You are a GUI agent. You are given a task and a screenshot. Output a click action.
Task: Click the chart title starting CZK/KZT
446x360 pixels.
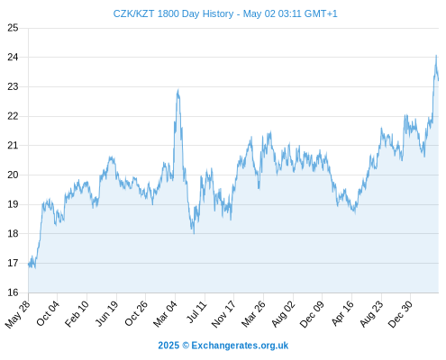tap(225, 13)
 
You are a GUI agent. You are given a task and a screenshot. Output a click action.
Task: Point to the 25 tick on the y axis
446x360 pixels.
tap(13, 28)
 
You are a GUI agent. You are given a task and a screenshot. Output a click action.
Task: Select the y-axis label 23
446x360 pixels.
tap(13, 86)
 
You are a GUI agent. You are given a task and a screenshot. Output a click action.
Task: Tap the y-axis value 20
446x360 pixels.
tap(13, 175)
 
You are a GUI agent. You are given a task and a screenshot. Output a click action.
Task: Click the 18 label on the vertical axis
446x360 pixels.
tap(13, 233)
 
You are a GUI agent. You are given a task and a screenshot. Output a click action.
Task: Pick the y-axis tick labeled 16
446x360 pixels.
tap(13, 292)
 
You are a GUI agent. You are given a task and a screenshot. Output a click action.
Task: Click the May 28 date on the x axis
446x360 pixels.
tap(17, 314)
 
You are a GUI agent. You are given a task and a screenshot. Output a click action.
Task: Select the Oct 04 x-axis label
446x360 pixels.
tap(48, 313)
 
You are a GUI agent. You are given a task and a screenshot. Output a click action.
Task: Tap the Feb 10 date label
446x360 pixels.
tap(77, 313)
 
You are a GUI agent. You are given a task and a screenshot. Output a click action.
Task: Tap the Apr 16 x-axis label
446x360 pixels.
tap(342, 313)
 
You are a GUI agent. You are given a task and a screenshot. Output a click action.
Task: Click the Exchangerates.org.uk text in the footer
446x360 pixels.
tap(240, 346)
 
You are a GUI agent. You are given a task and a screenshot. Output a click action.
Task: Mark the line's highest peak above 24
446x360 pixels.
tap(436, 56)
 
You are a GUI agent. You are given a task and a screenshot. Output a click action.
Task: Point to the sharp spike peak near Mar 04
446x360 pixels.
tap(178, 90)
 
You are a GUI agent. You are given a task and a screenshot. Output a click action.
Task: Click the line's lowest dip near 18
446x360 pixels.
tap(194, 233)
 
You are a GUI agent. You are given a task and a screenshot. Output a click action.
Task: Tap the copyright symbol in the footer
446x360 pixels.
tap(186, 346)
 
